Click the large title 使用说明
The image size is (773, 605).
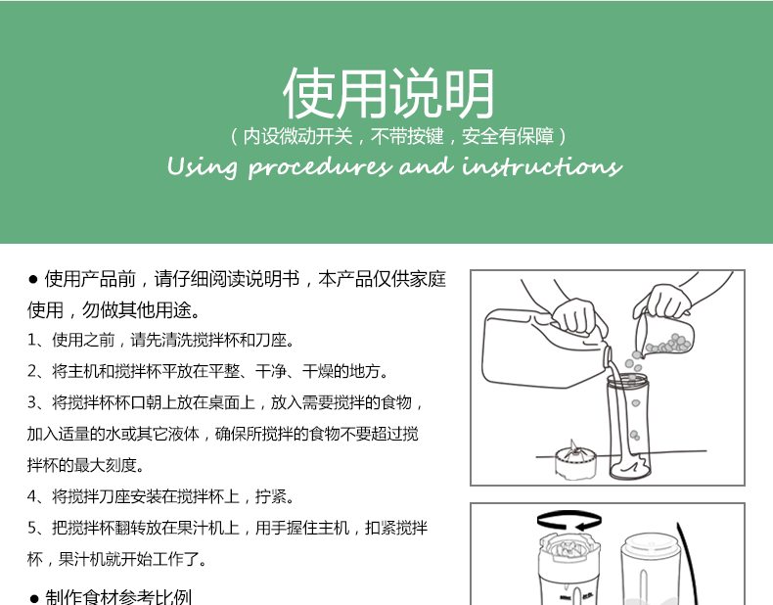click(x=388, y=93)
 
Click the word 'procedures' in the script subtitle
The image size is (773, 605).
click(x=320, y=167)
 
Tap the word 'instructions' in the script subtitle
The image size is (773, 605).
click(x=542, y=165)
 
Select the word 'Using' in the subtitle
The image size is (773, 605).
click(x=203, y=167)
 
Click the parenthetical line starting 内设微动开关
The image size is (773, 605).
click(x=399, y=137)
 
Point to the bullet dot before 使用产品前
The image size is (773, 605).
click(x=33, y=280)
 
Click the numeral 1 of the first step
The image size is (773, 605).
click(x=31, y=341)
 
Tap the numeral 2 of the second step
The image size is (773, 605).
click(x=32, y=371)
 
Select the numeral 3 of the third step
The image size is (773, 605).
click(x=32, y=402)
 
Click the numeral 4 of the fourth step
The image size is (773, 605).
click(x=32, y=496)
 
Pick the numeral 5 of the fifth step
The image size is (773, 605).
click(x=32, y=528)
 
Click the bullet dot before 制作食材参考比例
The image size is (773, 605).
click(x=34, y=598)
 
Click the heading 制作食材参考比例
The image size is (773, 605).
click(x=118, y=597)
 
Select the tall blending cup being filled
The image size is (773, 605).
click(x=627, y=427)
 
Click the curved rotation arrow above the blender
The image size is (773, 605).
click(x=568, y=519)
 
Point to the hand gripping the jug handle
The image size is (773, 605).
click(x=574, y=315)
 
